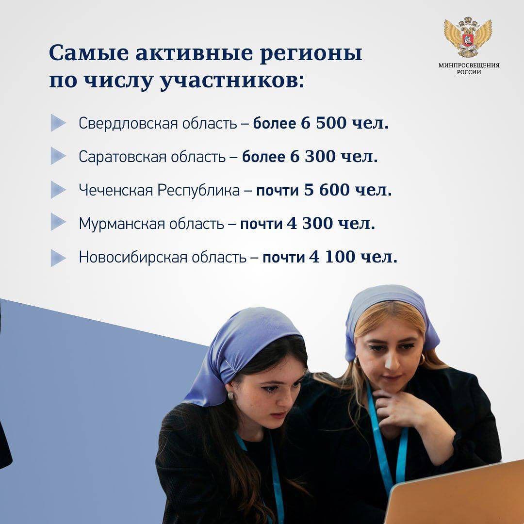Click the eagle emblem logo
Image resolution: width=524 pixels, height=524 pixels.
[x=468, y=36]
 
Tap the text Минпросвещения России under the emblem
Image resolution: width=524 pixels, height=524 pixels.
[x=469, y=69]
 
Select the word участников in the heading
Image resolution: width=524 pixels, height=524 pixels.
[x=232, y=81]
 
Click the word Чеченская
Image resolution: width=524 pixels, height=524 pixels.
[x=116, y=190]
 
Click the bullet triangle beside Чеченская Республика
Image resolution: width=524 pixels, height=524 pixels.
[x=58, y=190]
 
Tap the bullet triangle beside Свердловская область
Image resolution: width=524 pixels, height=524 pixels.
[x=58, y=123]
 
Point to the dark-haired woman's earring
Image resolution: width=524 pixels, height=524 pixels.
[x=230, y=396]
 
